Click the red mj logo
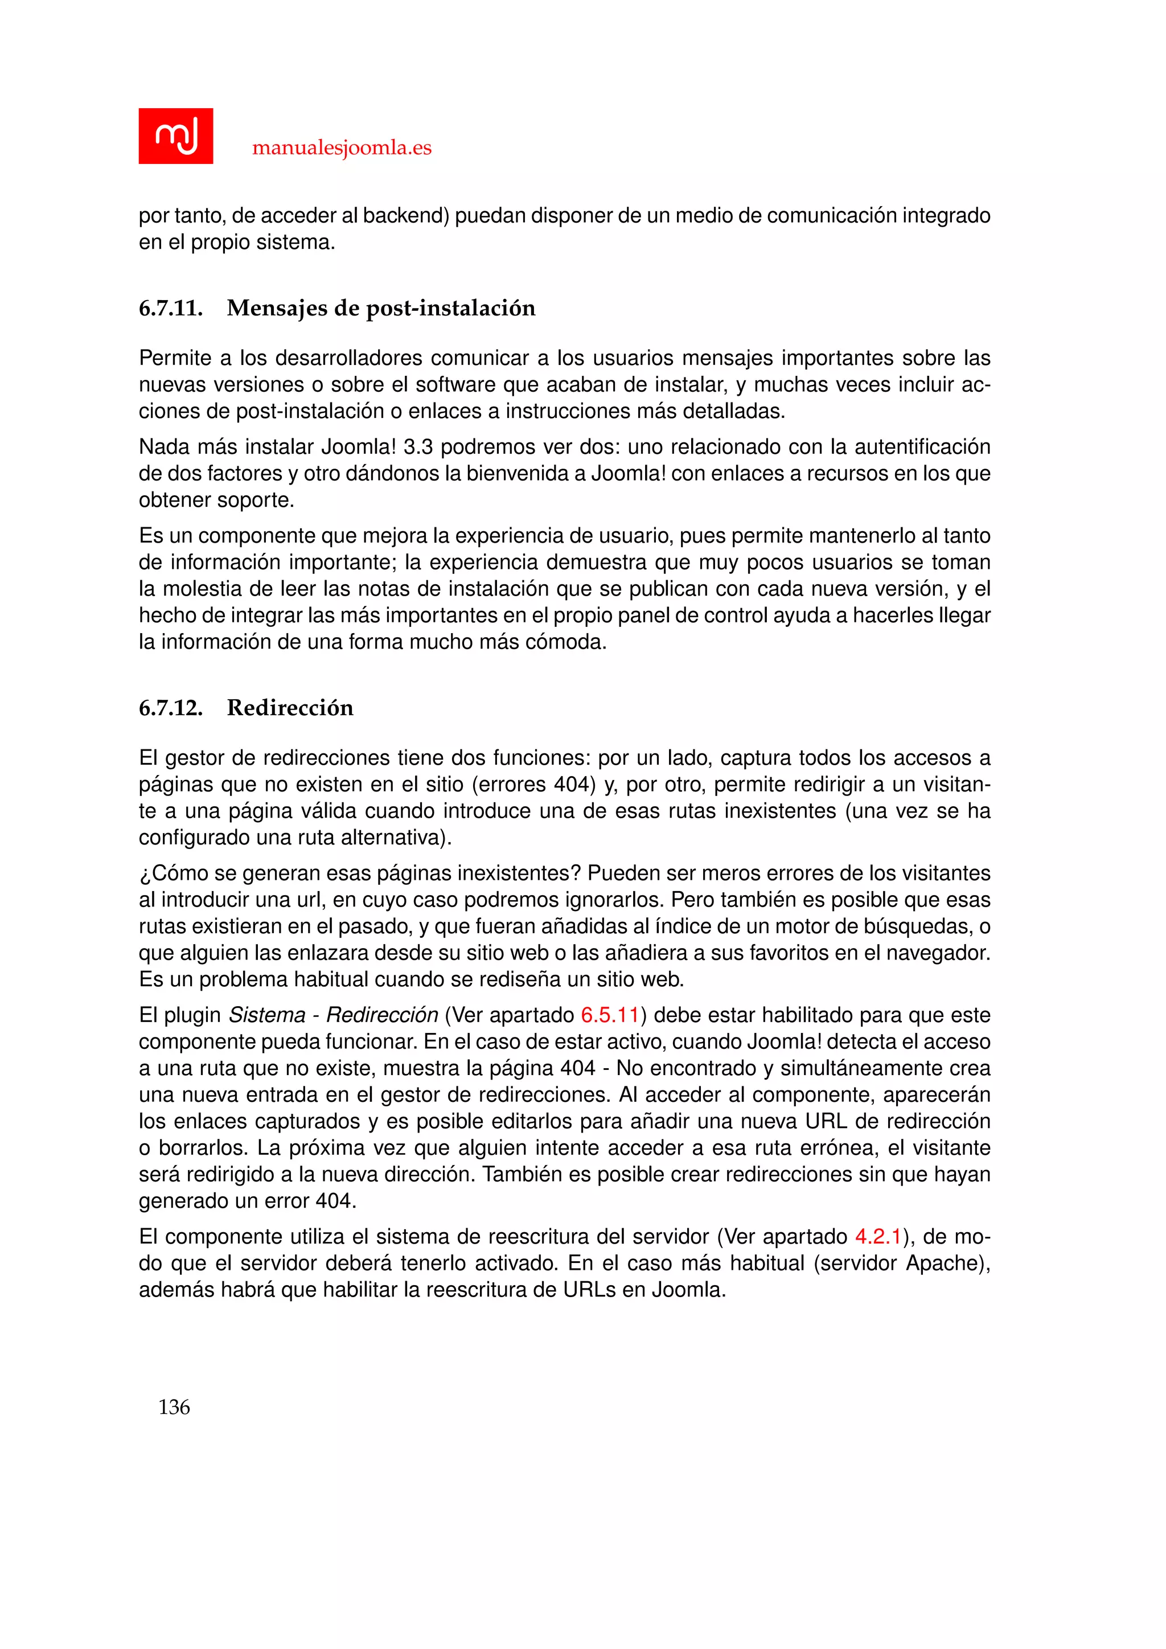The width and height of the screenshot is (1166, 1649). (175, 136)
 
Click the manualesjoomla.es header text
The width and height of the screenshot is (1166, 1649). (342, 148)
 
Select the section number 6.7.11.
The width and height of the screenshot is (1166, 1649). (170, 308)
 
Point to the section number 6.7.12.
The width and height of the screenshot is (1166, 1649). (170, 708)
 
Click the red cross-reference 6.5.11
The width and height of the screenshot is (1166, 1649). (610, 1015)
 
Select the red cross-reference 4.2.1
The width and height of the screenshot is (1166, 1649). (877, 1237)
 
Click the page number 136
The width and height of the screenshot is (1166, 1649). (174, 1407)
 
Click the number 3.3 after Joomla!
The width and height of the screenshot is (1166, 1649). (418, 447)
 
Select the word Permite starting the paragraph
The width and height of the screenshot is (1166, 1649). (170, 358)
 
